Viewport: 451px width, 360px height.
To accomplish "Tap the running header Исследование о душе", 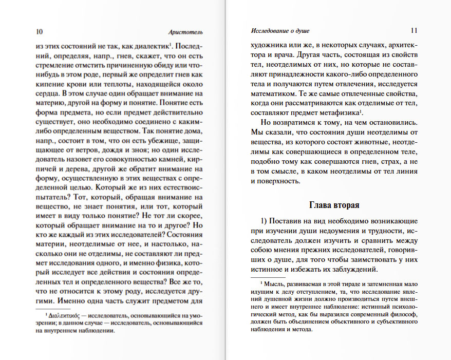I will [280, 30].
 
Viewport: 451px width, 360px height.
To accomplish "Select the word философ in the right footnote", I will [395, 314].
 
